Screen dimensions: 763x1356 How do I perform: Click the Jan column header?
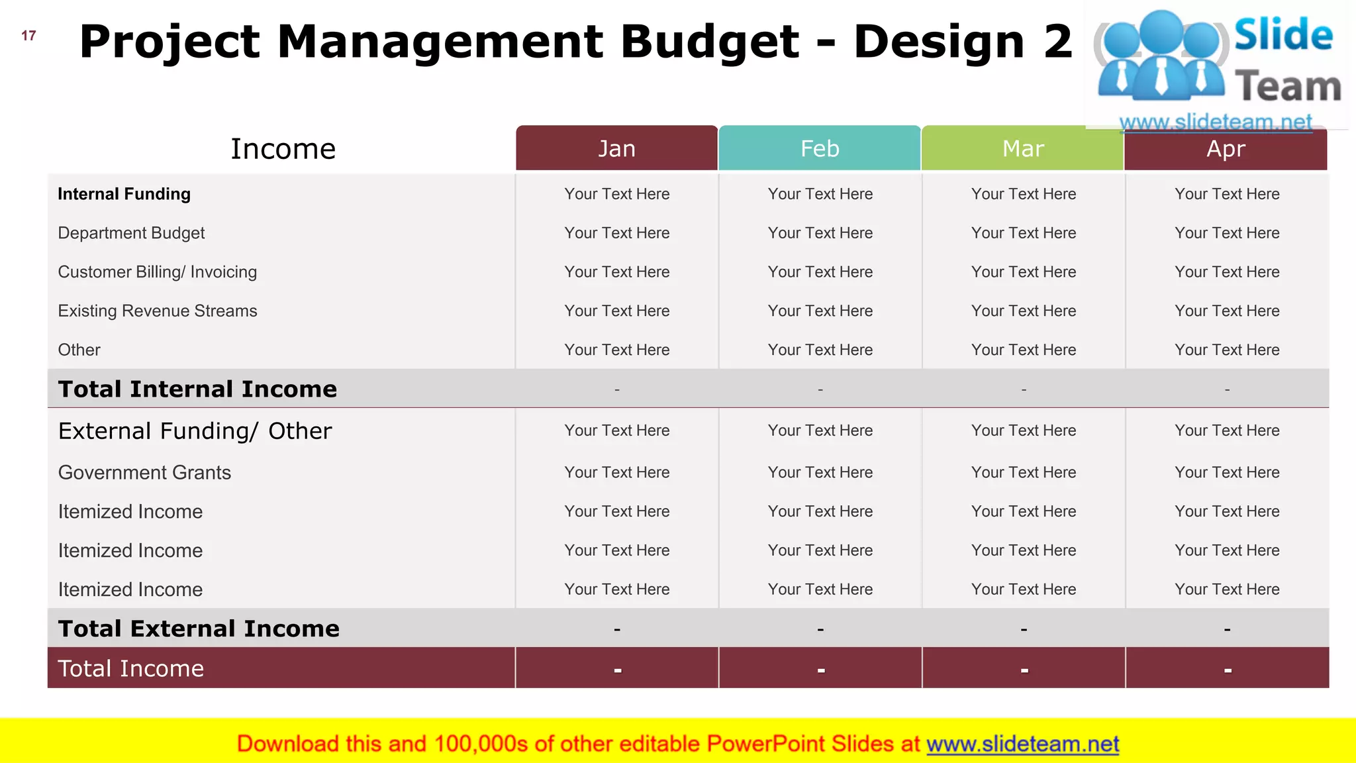click(x=616, y=148)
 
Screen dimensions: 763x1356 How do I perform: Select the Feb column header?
click(x=820, y=148)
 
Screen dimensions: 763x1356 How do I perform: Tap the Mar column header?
click(x=1023, y=148)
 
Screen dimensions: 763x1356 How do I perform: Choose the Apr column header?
click(x=1226, y=149)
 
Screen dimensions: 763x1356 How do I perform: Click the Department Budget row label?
click(x=131, y=233)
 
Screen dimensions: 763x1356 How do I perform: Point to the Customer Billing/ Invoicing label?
click(x=158, y=272)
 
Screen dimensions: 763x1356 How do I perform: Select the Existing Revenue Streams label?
click(x=158, y=311)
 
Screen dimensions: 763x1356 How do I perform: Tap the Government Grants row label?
click(x=144, y=473)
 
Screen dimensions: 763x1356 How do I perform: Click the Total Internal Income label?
click(x=197, y=389)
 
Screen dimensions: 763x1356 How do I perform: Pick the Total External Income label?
click(x=199, y=629)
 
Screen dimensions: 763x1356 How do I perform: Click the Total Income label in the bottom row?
click(x=131, y=668)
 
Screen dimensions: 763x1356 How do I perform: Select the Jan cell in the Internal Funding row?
click(x=616, y=194)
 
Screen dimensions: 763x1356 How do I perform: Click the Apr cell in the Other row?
click(x=1227, y=350)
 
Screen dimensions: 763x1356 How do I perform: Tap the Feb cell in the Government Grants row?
click(x=820, y=473)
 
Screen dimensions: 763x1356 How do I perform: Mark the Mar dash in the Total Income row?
click(x=1024, y=670)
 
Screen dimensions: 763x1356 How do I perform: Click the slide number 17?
click(x=28, y=36)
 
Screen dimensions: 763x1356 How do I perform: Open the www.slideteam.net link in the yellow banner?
click(x=1022, y=744)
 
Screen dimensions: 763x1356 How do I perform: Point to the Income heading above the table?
click(x=283, y=149)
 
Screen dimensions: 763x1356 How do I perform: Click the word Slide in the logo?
click(x=1283, y=35)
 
